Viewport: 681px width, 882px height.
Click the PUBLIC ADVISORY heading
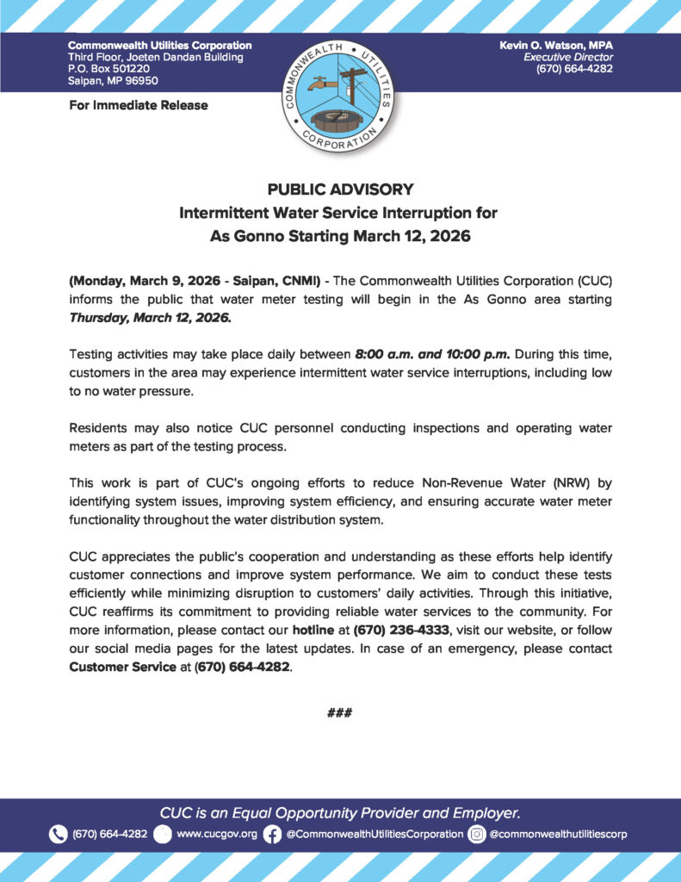(x=340, y=189)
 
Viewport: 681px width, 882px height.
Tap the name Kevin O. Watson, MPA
(x=555, y=44)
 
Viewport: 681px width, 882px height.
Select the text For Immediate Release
(x=138, y=105)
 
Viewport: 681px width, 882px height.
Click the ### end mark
(x=340, y=712)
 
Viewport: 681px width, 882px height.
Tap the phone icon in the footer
(x=58, y=834)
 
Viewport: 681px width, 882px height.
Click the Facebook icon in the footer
(x=272, y=834)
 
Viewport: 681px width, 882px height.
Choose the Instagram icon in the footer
(x=476, y=834)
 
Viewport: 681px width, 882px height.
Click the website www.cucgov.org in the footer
(x=216, y=834)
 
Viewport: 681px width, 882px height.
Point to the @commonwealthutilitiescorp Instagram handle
(x=559, y=834)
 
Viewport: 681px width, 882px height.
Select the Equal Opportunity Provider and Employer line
(x=340, y=812)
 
